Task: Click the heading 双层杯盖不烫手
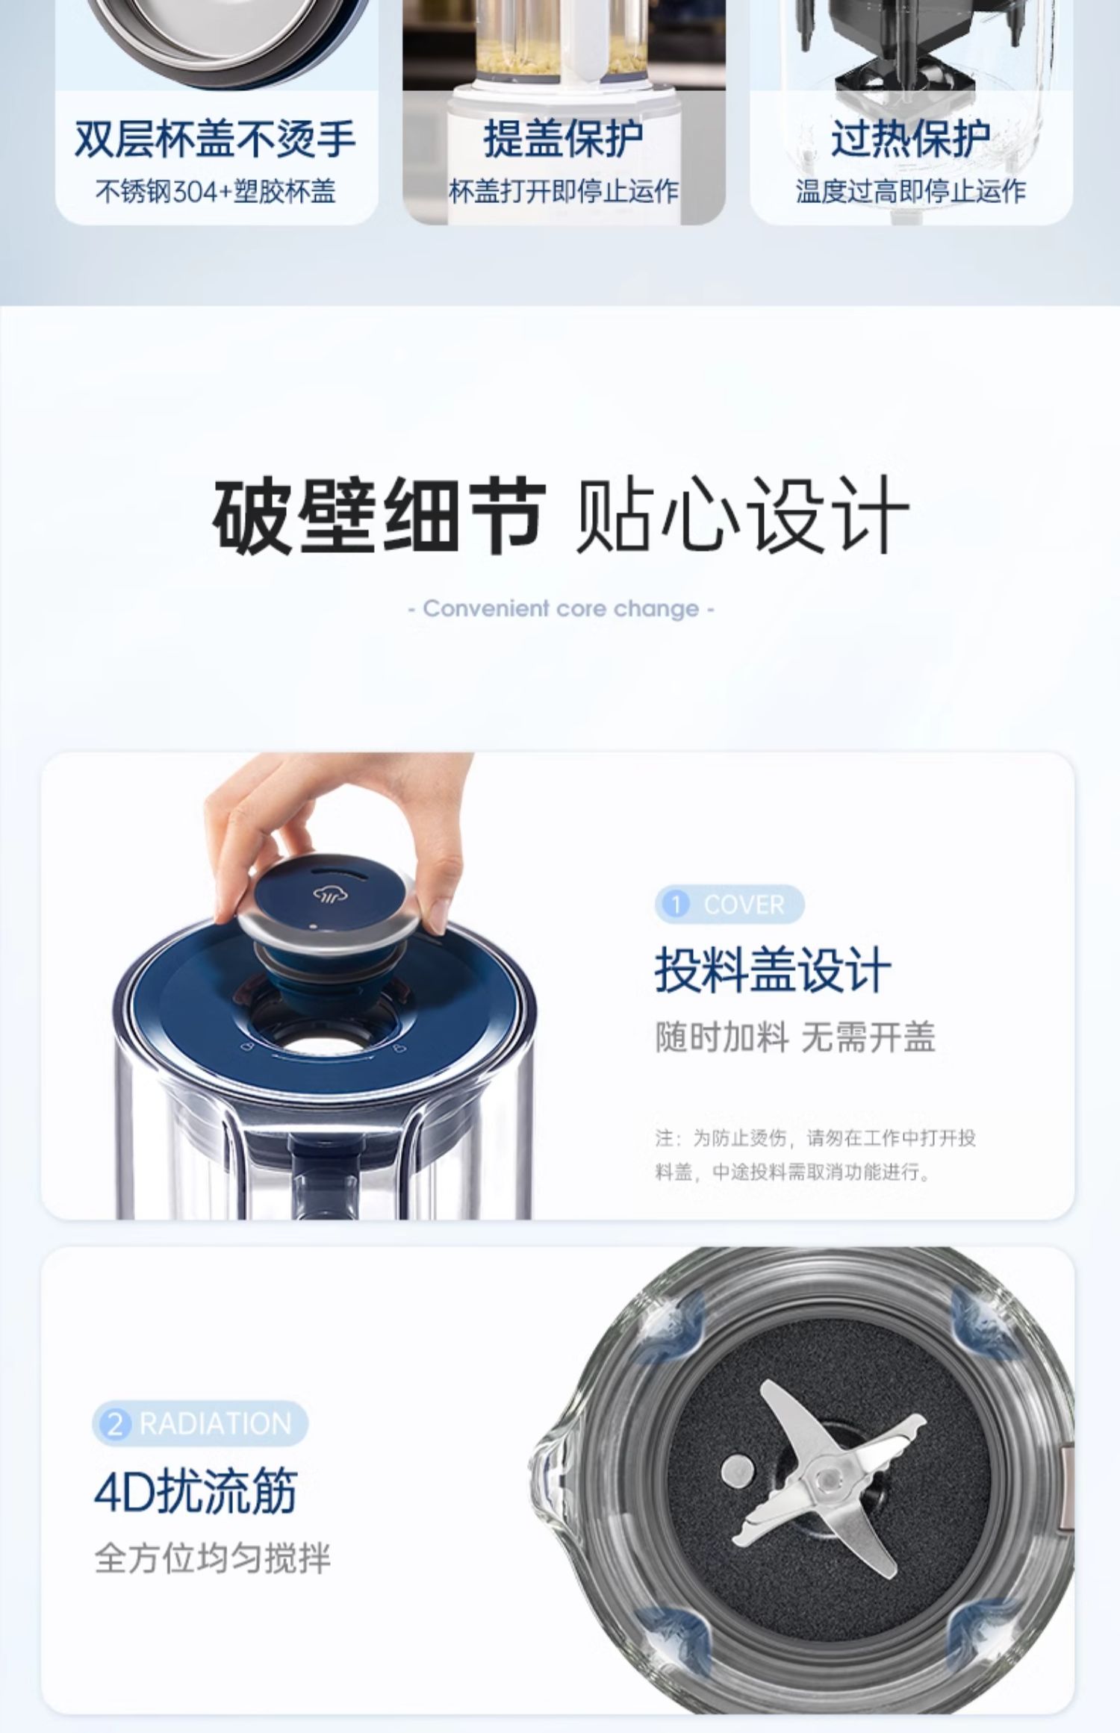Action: tap(216, 140)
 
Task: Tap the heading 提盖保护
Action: tap(564, 139)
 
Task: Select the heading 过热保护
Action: tap(911, 139)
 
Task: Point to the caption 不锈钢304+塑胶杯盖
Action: tap(216, 192)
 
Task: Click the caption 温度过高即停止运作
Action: tap(911, 192)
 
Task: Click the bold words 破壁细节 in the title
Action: tap(379, 516)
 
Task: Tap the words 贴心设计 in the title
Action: tap(744, 516)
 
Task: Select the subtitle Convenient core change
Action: tap(561, 608)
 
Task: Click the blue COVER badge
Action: tap(729, 905)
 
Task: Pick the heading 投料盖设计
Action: tap(774, 969)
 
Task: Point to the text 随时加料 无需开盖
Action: tap(795, 1037)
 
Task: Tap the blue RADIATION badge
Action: tap(200, 1423)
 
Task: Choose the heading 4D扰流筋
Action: tap(196, 1489)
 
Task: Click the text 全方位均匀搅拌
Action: tap(212, 1559)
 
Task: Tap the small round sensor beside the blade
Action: tap(737, 1470)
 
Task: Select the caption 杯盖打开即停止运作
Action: tap(564, 192)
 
